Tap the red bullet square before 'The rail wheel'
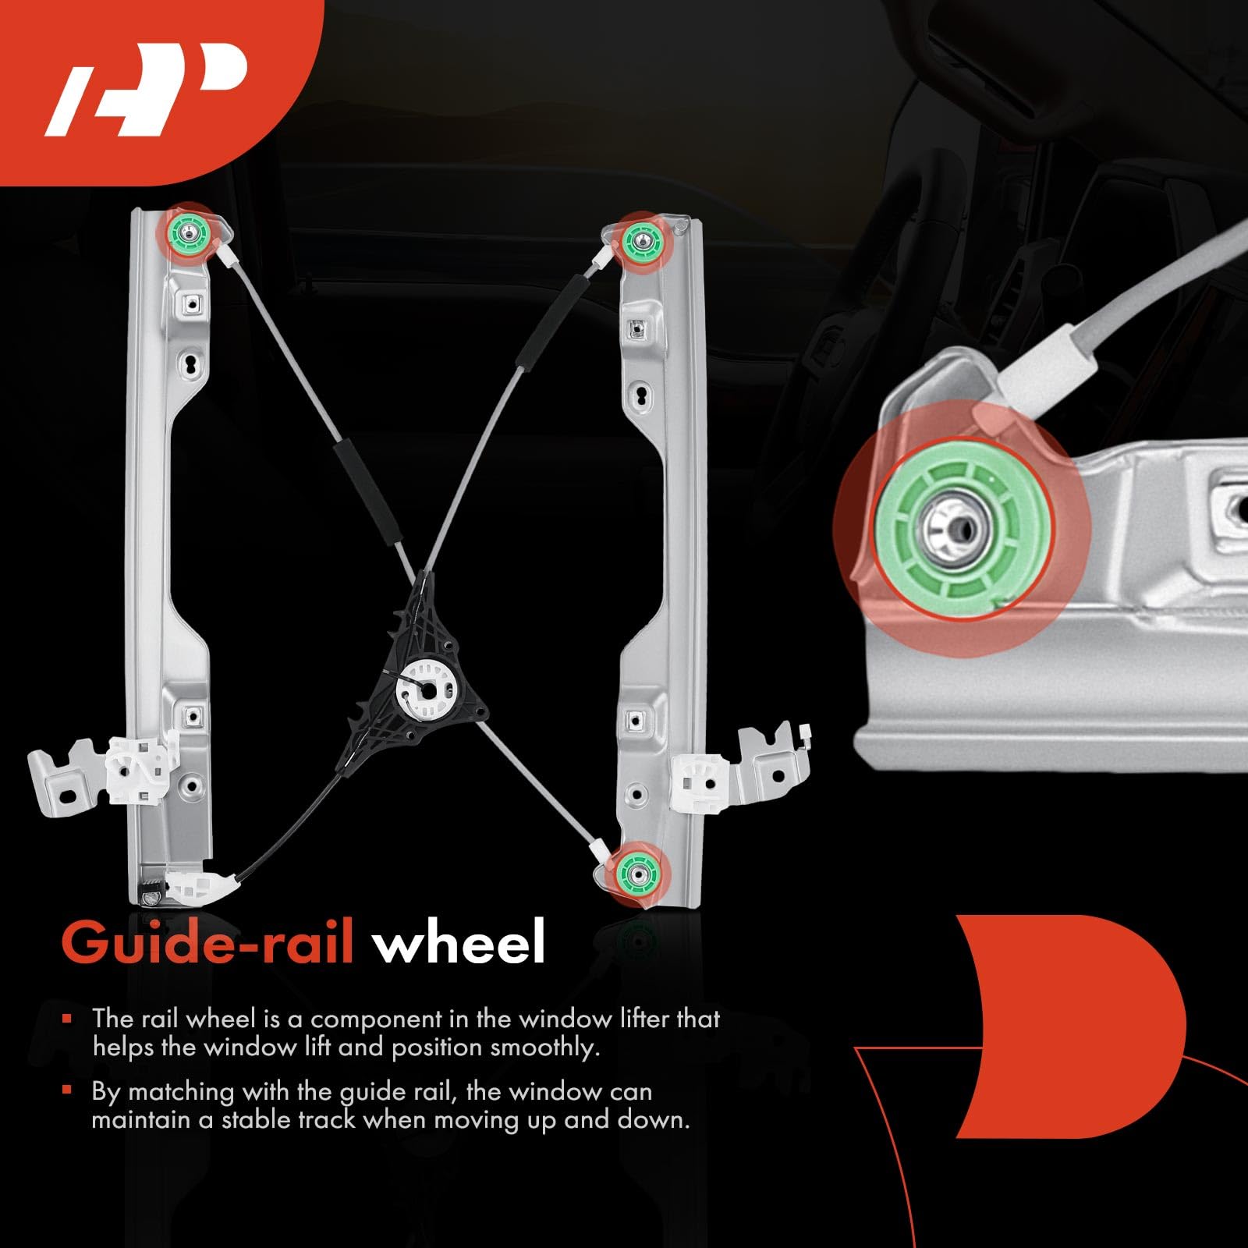pyautogui.click(x=68, y=1018)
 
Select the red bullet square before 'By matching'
pyautogui.click(x=68, y=1090)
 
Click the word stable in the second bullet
pyautogui.click(x=258, y=1119)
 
